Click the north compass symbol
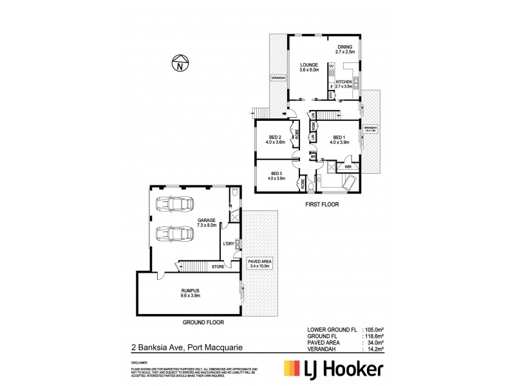pyautogui.click(x=182, y=64)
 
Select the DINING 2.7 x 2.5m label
pyautogui.click(x=347, y=50)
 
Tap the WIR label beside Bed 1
pyautogui.click(x=348, y=166)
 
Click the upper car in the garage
pyautogui.click(x=173, y=204)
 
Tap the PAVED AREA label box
pyautogui.click(x=261, y=262)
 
